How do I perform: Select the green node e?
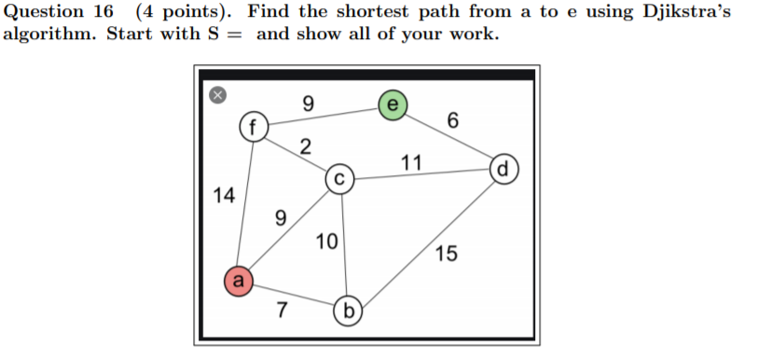coord(392,104)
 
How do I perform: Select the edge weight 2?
coord(305,145)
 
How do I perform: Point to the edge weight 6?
coord(453,120)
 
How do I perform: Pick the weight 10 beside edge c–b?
coord(326,242)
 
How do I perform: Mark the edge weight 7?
coord(282,311)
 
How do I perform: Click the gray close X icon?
coord(216,93)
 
